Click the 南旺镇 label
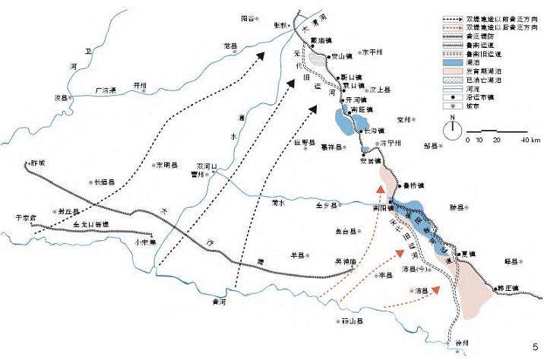360,110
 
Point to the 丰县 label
387,276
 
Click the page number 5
536,348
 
